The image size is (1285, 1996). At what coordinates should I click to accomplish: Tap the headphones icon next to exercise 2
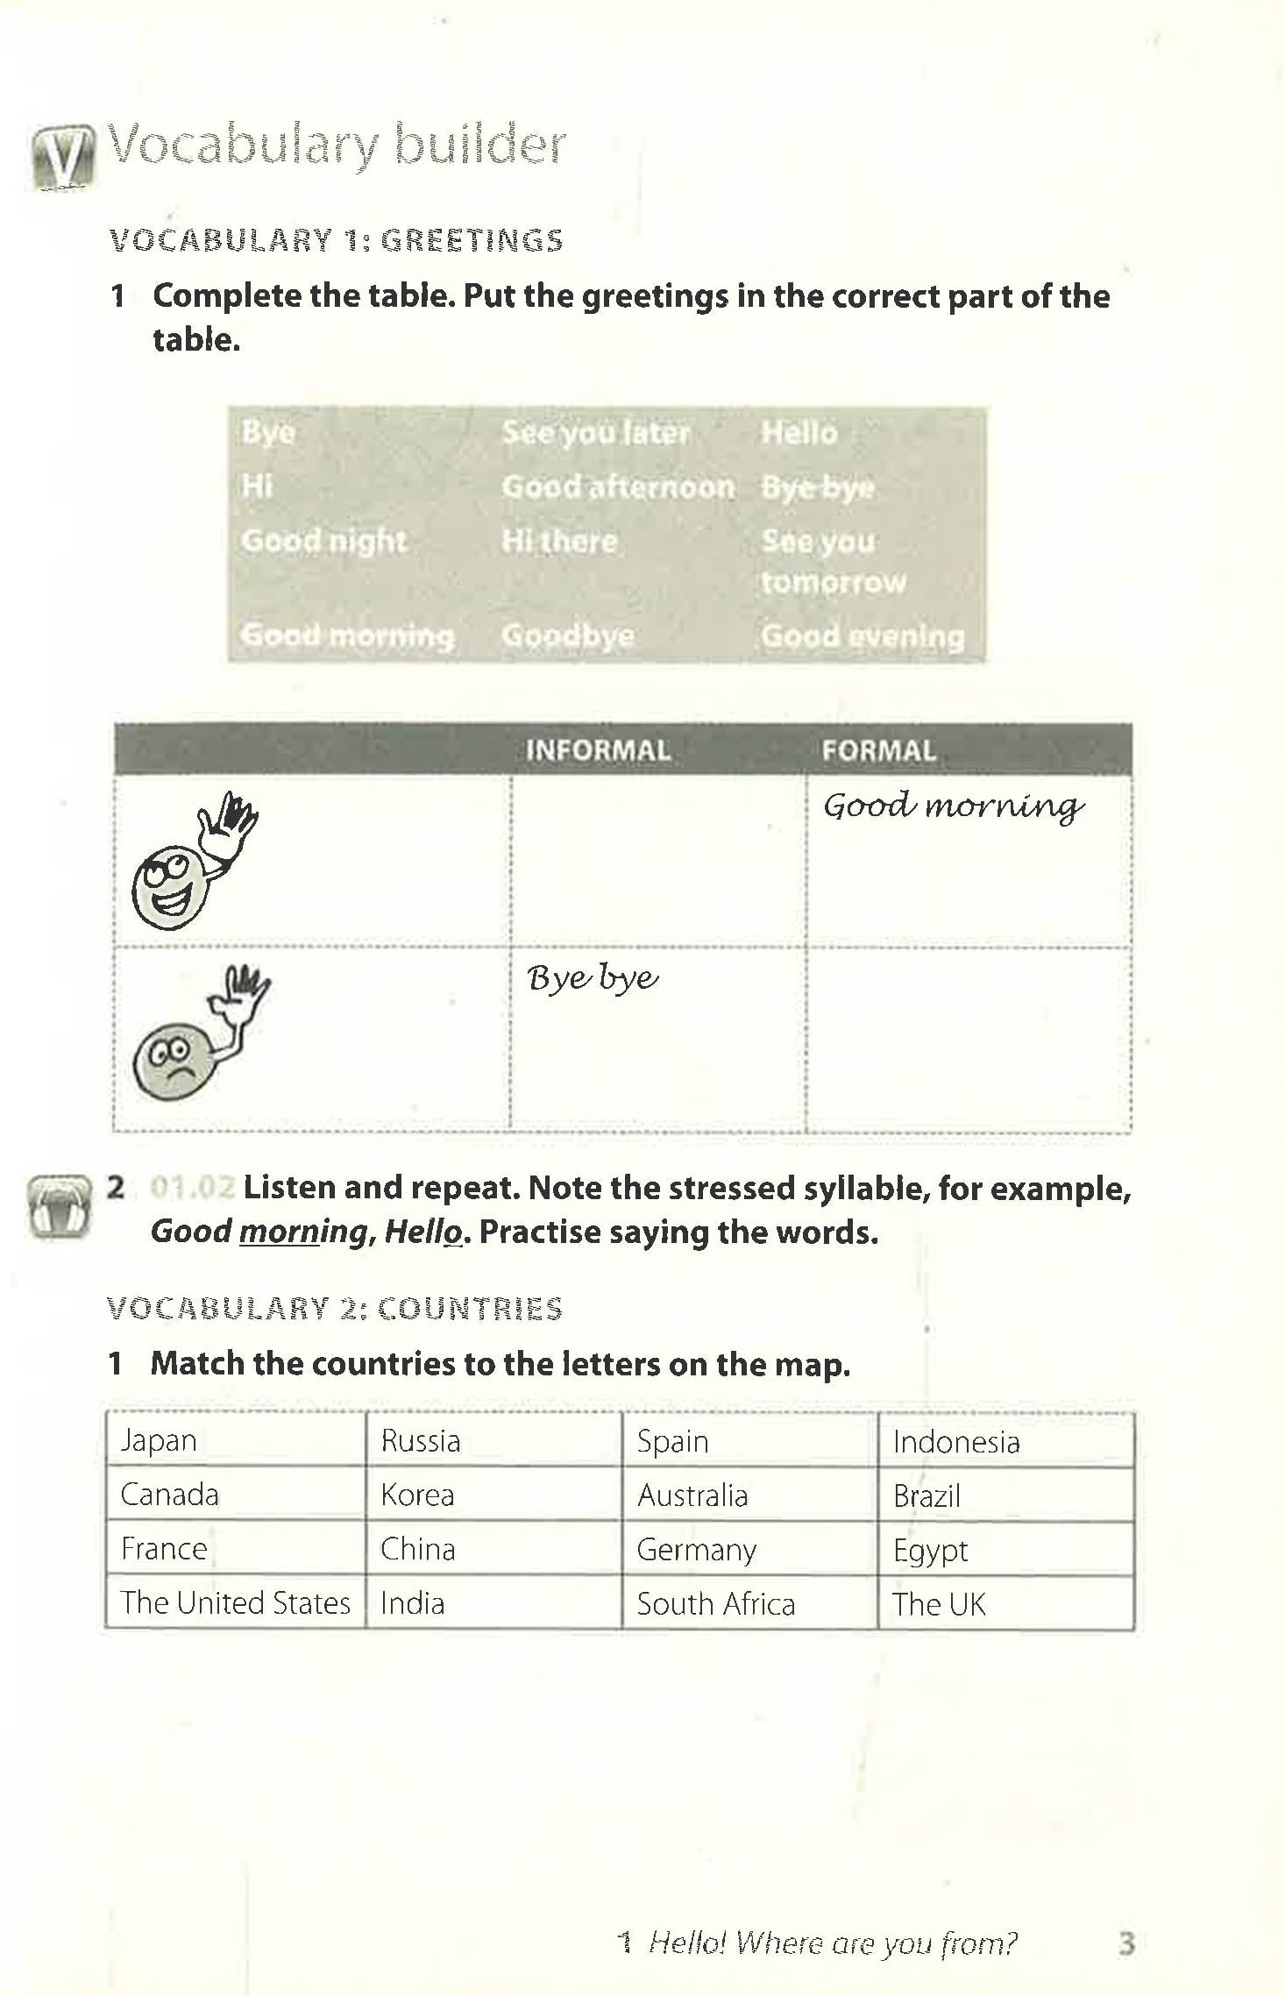[58, 1207]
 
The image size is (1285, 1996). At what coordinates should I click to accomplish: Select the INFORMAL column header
[598, 750]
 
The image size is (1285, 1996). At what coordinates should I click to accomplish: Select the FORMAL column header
[878, 750]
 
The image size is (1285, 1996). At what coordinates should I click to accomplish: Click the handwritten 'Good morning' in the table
[954, 806]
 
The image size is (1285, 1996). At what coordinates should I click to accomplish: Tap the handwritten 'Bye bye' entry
[593, 977]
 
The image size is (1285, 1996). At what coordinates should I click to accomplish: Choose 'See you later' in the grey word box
[596, 432]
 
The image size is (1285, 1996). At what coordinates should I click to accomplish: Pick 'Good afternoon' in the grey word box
[618, 487]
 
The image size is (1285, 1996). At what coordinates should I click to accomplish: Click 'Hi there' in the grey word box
[559, 541]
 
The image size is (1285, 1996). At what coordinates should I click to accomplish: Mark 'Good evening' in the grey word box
[863, 636]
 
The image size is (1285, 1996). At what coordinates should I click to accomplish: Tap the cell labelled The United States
[235, 1602]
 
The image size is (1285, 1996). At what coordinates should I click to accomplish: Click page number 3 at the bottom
[1126, 1943]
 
